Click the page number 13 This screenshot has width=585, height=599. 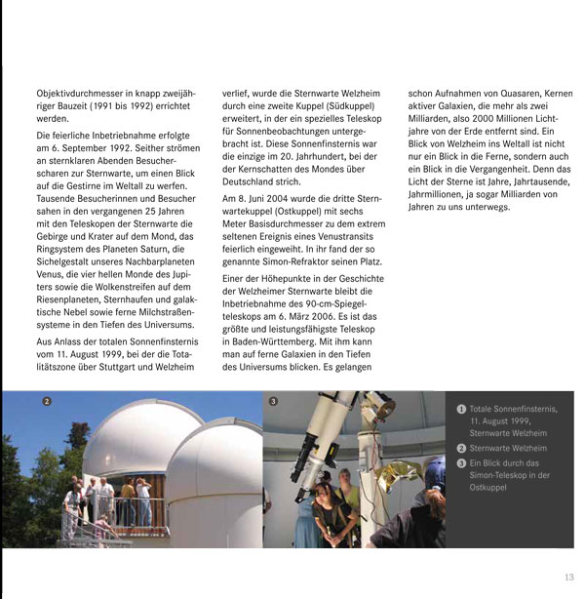(568, 577)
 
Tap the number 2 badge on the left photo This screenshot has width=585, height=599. (47, 401)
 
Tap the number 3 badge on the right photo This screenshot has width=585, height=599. (273, 401)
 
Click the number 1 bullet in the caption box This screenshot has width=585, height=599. (461, 409)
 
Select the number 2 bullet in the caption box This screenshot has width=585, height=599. (461, 448)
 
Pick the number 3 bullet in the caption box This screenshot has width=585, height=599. (461, 462)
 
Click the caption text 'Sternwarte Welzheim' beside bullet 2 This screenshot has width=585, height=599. (508, 448)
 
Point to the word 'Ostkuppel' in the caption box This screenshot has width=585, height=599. (489, 487)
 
